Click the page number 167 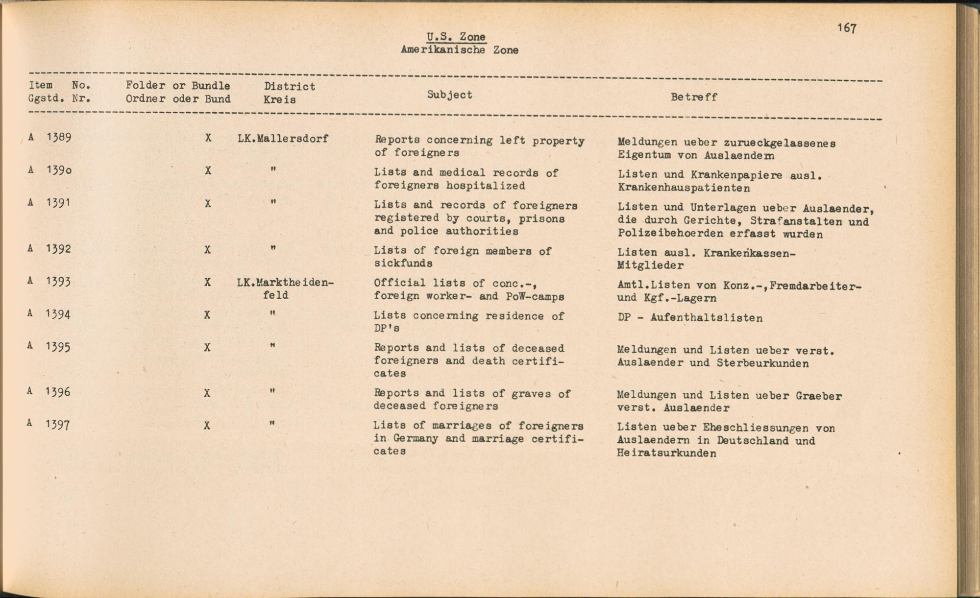[x=847, y=28]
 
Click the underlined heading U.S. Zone [x=456, y=37]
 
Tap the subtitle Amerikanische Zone [x=459, y=50]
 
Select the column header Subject [x=449, y=95]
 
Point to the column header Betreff [x=694, y=97]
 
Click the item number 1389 [x=59, y=137]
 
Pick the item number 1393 [x=58, y=282]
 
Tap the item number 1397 [x=58, y=425]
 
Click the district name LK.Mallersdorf [x=283, y=139]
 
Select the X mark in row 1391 [x=208, y=204]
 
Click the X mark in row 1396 [x=207, y=393]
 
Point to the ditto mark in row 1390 [x=273, y=170]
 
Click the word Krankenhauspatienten [x=684, y=188]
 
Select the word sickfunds [x=403, y=263]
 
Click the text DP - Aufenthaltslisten [x=690, y=318]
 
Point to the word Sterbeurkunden [x=762, y=363]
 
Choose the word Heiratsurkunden [x=666, y=454]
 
